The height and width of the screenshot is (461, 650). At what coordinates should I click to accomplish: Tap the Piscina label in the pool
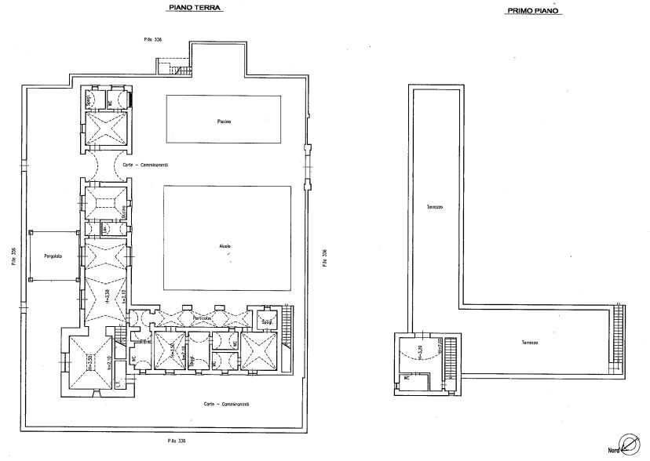click(224, 122)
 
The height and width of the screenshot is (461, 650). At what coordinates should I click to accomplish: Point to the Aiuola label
click(226, 246)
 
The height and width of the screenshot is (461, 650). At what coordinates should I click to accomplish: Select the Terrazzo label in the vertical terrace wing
click(435, 207)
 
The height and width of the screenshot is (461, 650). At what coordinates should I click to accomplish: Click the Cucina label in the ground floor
click(123, 213)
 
